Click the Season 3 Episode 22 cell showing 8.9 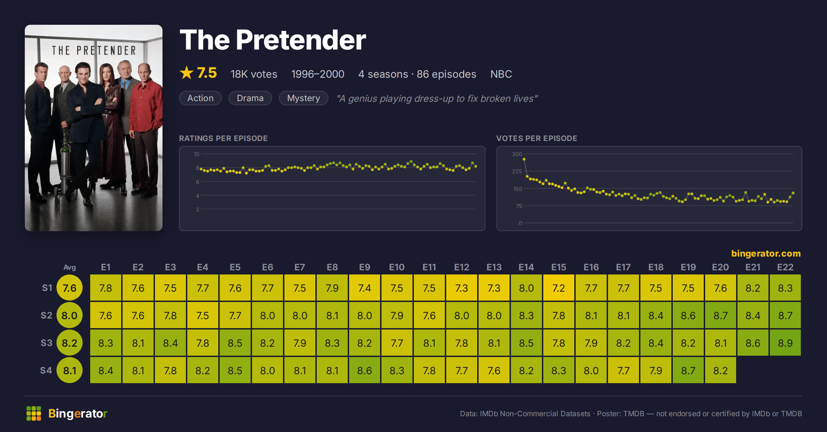785,343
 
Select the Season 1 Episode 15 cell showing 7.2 558,288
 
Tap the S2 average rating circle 70,315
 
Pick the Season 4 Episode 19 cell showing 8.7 688,370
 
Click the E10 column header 397,267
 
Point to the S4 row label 46,370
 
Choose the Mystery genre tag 303,98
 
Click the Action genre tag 200,98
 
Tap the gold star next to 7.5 187,73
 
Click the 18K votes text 254,74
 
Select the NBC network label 501,74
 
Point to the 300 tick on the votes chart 517,154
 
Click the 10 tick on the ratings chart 196,154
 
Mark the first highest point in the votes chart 524,159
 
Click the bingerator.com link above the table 766,253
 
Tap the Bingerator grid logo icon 34,413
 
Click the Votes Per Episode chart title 536,138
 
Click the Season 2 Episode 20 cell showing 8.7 720,315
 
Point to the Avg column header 70,267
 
